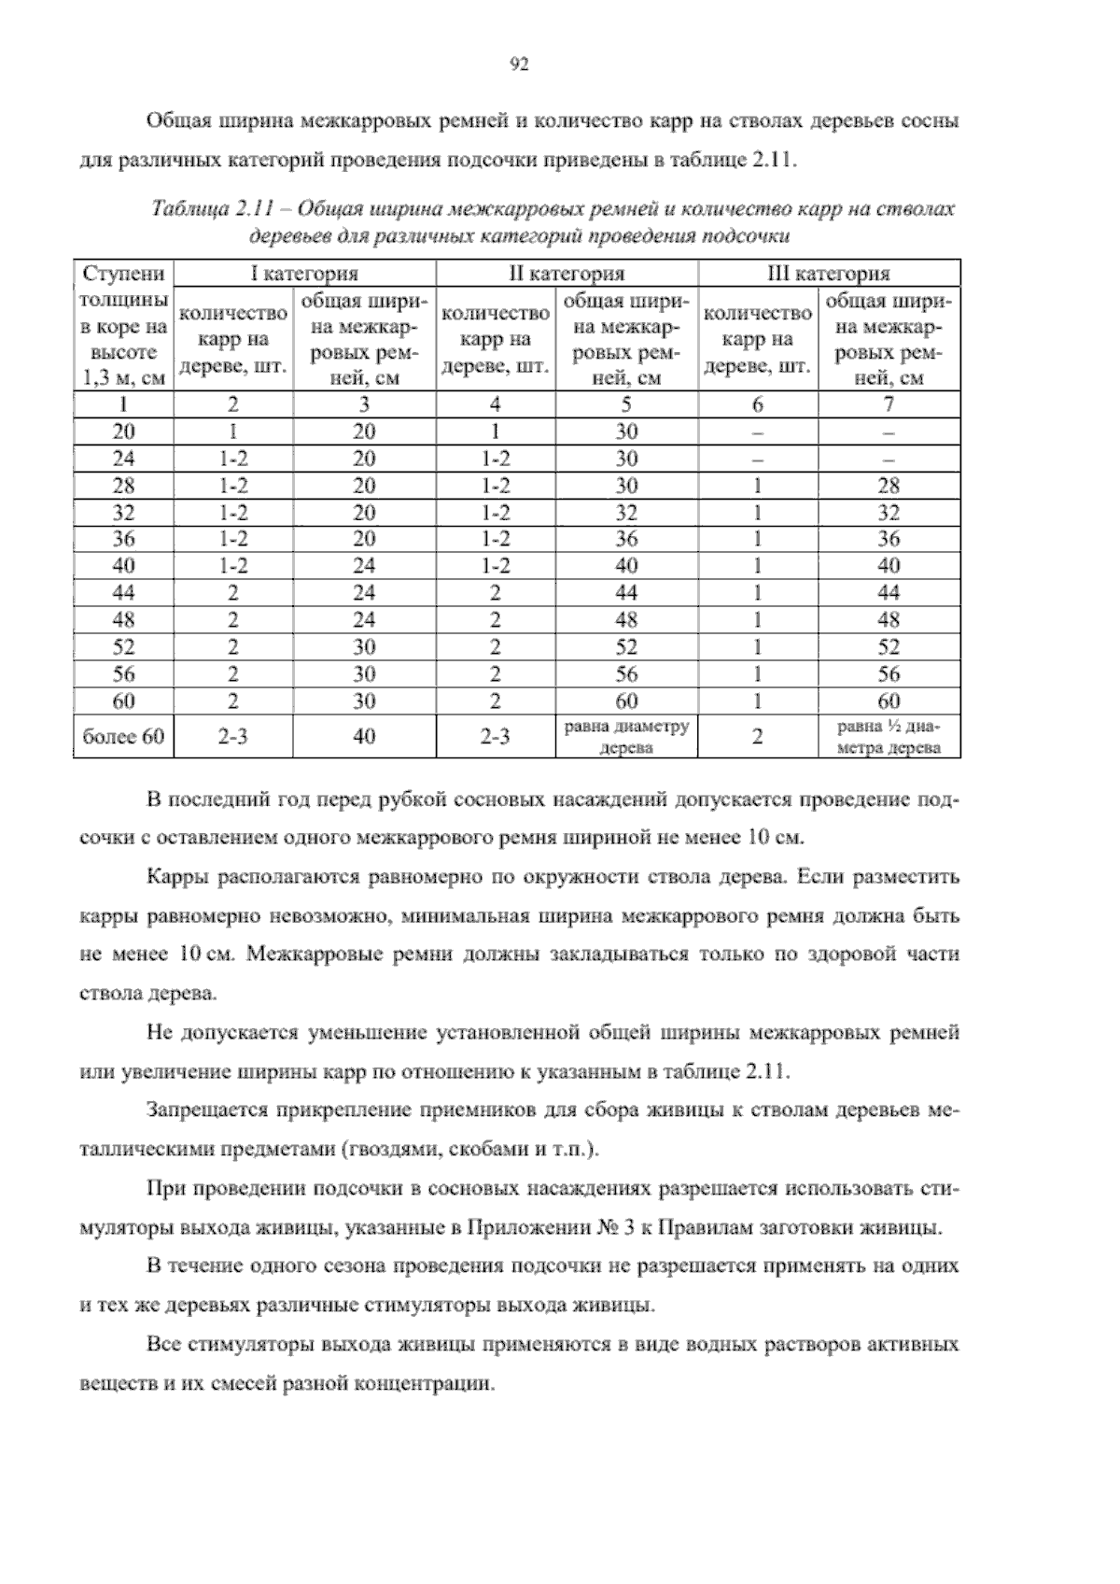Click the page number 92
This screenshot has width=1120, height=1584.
tap(521, 64)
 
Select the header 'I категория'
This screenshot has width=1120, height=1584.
tap(305, 274)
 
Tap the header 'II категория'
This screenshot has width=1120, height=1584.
tap(567, 274)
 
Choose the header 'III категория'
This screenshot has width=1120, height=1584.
tap(829, 274)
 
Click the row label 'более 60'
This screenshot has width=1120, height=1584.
tap(123, 736)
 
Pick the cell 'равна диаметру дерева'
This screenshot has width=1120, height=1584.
tap(626, 736)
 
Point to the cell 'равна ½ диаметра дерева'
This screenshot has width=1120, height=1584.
tap(889, 736)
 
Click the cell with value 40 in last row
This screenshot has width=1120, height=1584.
tap(364, 736)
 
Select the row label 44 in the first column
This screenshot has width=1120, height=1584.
tap(123, 592)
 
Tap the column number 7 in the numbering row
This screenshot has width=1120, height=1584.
tap(889, 404)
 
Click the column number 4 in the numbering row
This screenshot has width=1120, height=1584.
tap(496, 404)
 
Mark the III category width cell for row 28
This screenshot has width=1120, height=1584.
tap(889, 486)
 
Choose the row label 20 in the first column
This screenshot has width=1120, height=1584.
tap(123, 431)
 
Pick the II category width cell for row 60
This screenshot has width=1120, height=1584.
tap(626, 700)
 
